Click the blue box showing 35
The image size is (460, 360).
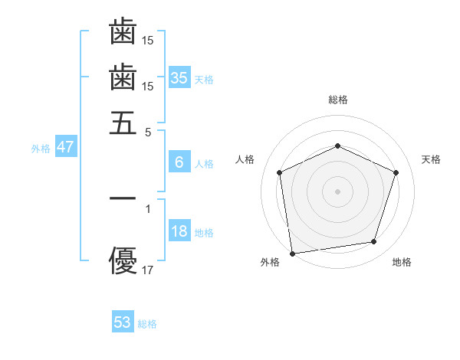[179, 77]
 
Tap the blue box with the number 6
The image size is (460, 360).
[179, 162]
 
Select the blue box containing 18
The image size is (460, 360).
[179, 231]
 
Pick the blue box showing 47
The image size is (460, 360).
[65, 147]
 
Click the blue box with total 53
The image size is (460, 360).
[123, 322]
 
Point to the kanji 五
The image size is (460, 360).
[123, 123]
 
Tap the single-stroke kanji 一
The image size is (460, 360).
[123, 198]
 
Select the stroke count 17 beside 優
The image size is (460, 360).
[148, 270]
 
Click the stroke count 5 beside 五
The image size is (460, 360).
[148, 132]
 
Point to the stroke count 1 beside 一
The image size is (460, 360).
[148, 208]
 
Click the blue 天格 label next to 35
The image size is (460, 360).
[204, 80]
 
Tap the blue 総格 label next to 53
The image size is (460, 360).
[147, 324]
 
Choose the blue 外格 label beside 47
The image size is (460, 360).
[41, 149]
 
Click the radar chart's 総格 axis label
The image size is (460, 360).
[337, 100]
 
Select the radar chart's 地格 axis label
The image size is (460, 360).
[402, 263]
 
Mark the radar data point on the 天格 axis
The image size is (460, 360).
[396, 172]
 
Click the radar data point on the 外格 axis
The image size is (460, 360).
[292, 253]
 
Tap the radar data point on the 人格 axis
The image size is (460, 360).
[280, 172]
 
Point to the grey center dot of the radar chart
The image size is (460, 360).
[337, 191]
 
